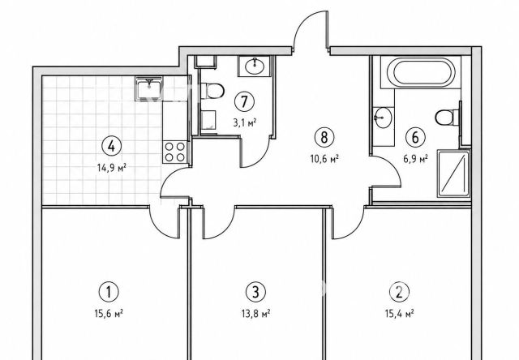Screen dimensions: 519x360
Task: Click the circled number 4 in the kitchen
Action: tap(112, 146)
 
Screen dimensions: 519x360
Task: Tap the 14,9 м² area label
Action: tap(112, 168)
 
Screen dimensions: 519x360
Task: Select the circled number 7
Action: tap(244, 101)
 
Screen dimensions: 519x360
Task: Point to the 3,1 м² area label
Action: tap(245, 123)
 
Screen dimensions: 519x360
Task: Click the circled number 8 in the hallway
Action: tap(324, 137)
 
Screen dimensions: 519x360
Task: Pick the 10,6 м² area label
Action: tap(324, 159)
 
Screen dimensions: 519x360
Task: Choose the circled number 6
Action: tap(415, 137)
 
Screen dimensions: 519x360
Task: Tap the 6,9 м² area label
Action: tap(415, 159)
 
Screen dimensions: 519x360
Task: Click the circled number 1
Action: tap(109, 292)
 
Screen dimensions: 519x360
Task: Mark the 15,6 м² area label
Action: tap(109, 313)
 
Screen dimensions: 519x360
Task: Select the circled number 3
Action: tap(255, 292)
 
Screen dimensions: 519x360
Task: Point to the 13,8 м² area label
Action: tap(256, 313)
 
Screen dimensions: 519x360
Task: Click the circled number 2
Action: tap(400, 292)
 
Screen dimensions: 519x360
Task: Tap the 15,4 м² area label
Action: tap(400, 313)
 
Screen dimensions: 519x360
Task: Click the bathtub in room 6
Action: tap(421, 72)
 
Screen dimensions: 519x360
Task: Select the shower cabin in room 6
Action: tap(454, 174)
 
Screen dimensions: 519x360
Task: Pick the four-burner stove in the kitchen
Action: tap(175, 152)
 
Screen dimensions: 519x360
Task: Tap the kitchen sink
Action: tap(149, 88)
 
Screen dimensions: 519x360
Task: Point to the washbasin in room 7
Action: tap(255, 66)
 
